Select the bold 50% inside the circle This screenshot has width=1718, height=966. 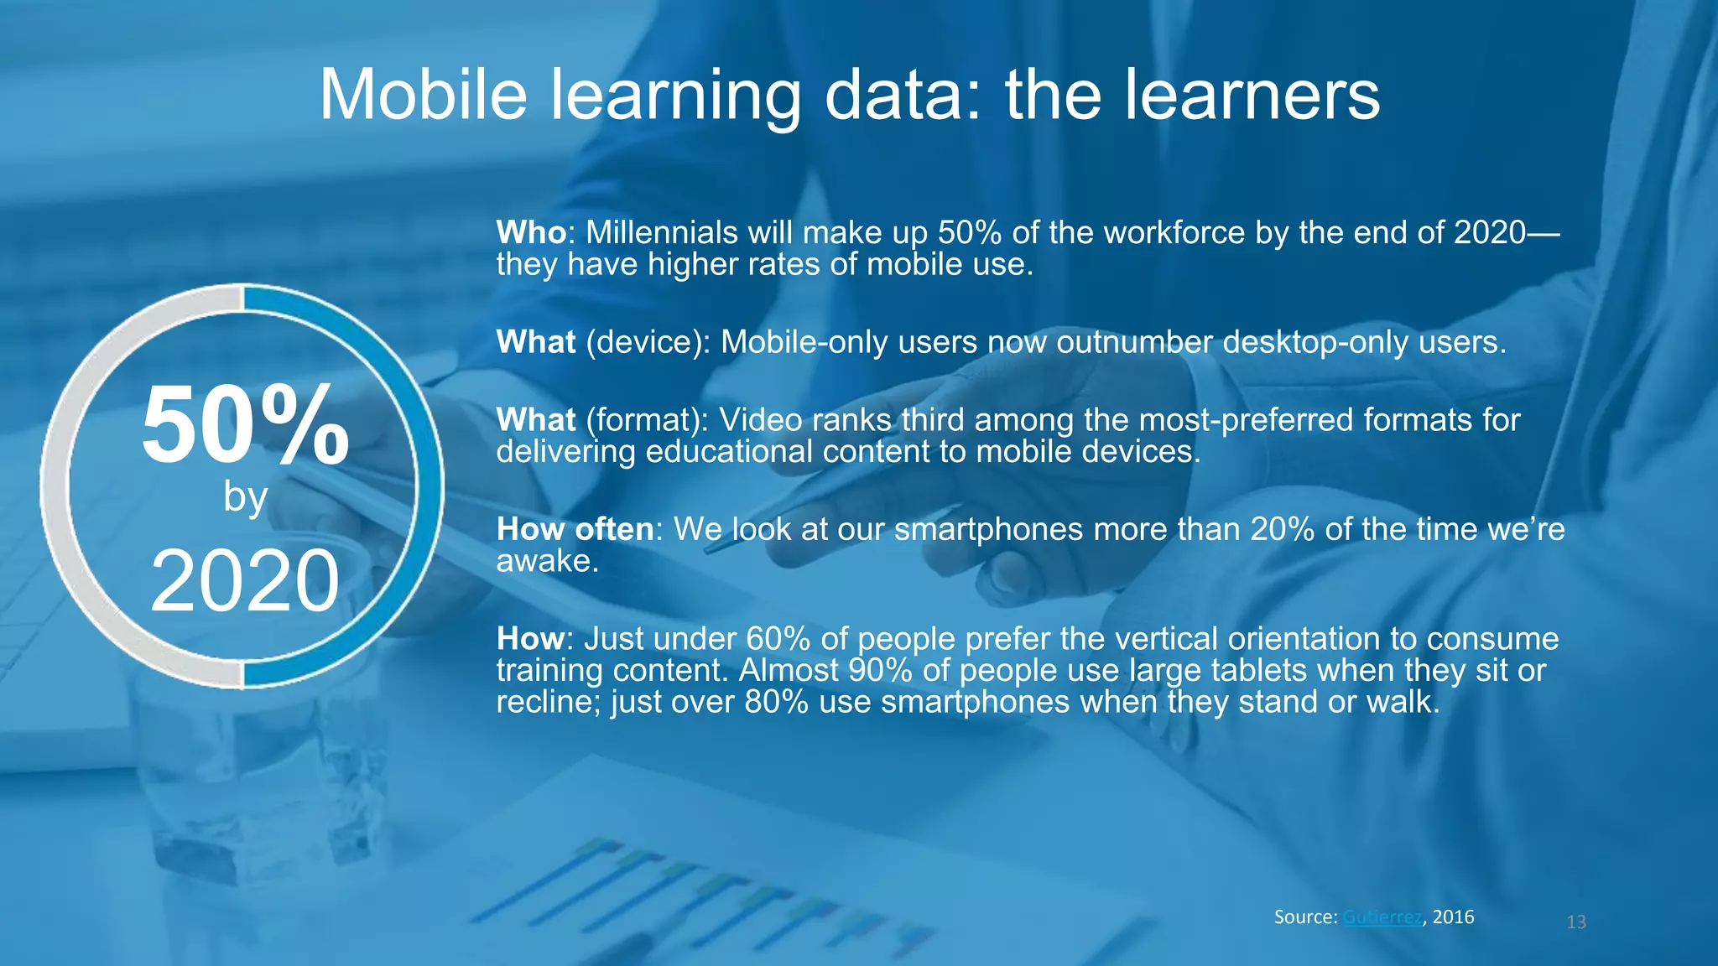pos(245,425)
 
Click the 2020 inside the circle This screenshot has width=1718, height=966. pos(245,580)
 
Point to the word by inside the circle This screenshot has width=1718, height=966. pos(245,497)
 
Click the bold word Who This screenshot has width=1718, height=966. pos(531,232)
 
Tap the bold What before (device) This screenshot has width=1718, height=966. pos(536,342)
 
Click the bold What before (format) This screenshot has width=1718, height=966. pos(536,419)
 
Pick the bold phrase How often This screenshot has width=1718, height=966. pos(575,529)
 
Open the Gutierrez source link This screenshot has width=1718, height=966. pos(1382,917)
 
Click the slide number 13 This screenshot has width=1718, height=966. pos(1576,922)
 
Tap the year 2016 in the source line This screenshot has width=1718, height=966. pos(1453,917)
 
